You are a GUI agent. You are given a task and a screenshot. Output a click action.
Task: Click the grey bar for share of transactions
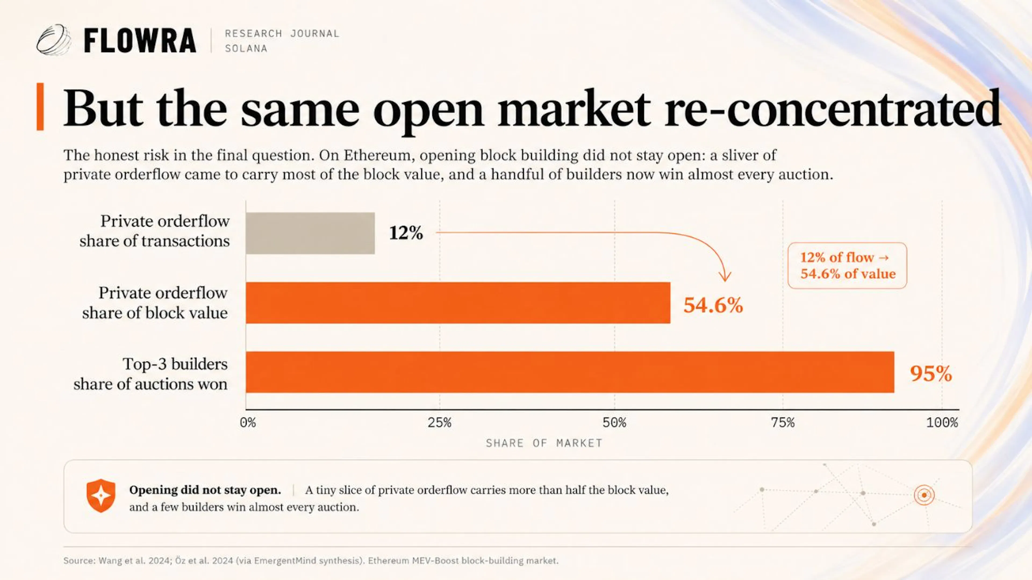point(310,233)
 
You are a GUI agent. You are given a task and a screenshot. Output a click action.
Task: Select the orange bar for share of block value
point(458,303)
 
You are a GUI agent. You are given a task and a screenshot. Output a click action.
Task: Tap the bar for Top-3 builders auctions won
point(570,372)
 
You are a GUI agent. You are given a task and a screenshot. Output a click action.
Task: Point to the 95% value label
point(931,373)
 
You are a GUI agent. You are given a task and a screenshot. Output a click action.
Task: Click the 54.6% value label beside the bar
point(713,305)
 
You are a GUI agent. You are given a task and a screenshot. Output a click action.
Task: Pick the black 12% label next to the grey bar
point(406,233)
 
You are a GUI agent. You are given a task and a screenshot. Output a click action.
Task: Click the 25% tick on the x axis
point(439,423)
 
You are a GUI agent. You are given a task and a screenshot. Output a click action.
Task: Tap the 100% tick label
point(942,423)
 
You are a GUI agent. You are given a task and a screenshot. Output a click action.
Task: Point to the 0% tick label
point(248,423)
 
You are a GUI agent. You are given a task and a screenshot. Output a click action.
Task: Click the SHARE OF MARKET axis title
point(544,443)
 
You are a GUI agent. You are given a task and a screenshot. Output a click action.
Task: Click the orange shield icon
point(101,495)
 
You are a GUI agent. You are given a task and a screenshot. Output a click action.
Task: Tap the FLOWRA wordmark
point(140,41)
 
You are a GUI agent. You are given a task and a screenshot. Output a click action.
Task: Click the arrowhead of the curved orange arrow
point(725,277)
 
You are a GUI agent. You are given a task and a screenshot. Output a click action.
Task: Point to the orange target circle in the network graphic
point(924,495)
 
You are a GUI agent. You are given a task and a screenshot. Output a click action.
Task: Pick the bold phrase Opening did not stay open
point(205,490)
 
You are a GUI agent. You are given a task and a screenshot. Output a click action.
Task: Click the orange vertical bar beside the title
point(40,107)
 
